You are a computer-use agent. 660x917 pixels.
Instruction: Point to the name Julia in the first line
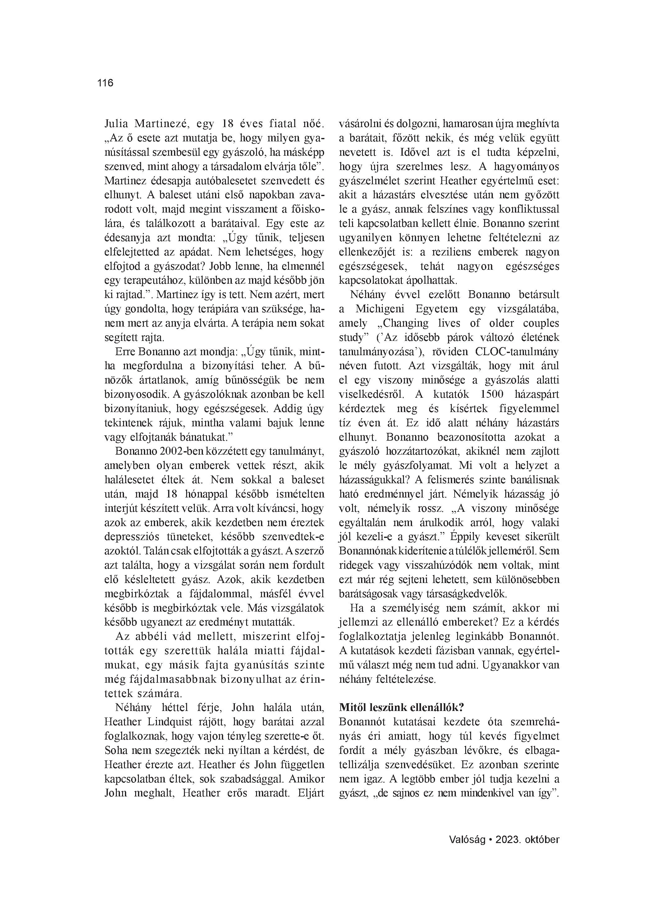click(116, 124)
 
